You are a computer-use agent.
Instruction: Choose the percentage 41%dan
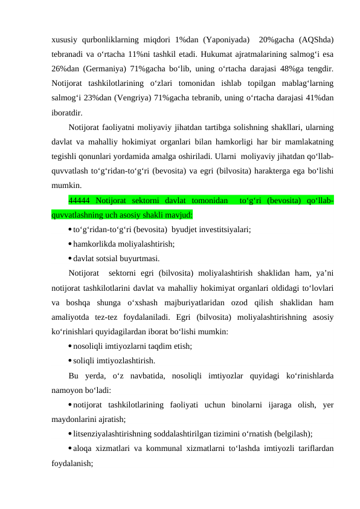321,99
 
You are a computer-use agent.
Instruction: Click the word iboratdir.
68,112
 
